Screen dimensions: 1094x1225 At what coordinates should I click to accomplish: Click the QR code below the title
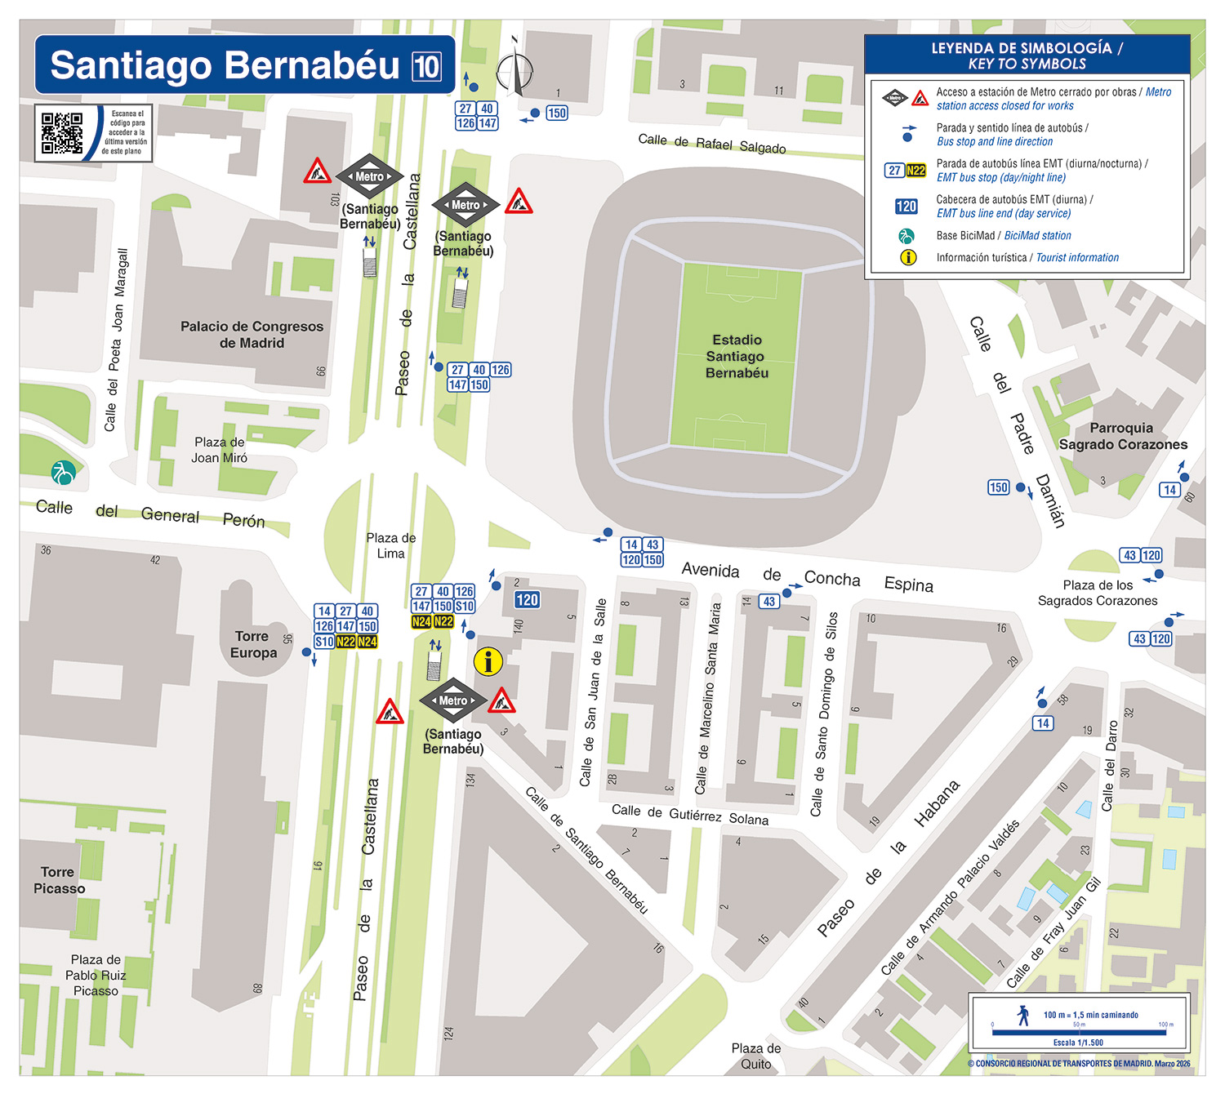pyautogui.click(x=62, y=133)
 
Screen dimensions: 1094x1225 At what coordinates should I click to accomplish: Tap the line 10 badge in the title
pyautogui.click(x=426, y=66)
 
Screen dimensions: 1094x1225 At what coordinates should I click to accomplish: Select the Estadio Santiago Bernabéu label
pyautogui.click(x=737, y=357)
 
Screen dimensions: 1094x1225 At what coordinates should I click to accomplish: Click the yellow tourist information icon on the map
pyautogui.click(x=488, y=661)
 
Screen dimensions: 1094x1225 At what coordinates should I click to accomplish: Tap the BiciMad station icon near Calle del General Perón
pyautogui.click(x=63, y=472)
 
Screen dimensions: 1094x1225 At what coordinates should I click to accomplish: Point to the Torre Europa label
pyautogui.click(x=253, y=644)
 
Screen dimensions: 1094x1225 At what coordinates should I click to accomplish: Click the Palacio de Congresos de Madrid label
pyautogui.click(x=252, y=335)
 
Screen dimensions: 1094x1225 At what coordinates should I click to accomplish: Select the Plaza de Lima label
pyautogui.click(x=390, y=545)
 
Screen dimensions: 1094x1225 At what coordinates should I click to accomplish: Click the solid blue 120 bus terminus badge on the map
pyautogui.click(x=527, y=600)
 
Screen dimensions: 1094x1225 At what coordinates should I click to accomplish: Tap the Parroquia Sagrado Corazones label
pyautogui.click(x=1123, y=436)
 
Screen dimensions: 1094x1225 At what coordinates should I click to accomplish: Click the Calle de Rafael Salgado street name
pyautogui.click(x=712, y=145)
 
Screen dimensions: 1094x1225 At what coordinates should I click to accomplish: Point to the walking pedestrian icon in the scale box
pyautogui.click(x=1023, y=1016)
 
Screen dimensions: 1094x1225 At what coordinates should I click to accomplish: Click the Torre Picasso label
pyautogui.click(x=59, y=880)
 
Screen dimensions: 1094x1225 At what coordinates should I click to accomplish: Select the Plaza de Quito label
pyautogui.click(x=755, y=1056)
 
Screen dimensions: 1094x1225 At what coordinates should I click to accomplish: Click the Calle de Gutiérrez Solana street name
pyautogui.click(x=690, y=814)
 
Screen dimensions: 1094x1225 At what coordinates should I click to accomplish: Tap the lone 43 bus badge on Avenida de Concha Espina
pyautogui.click(x=768, y=602)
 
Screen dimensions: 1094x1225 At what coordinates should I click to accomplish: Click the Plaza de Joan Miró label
pyautogui.click(x=219, y=450)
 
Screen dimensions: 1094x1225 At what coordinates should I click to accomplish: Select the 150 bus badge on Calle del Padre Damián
pyautogui.click(x=998, y=487)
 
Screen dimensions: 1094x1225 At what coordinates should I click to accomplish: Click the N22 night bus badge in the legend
pyautogui.click(x=916, y=171)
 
